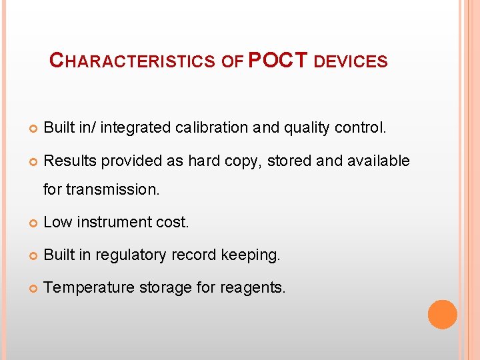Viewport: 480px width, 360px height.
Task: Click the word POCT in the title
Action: pos(277,60)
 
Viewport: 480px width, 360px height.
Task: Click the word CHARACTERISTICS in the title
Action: pos(133,61)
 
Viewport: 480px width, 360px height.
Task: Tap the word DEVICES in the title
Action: pos(350,61)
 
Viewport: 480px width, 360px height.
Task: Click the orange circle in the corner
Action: pos(443,314)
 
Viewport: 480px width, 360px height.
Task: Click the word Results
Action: pos(69,161)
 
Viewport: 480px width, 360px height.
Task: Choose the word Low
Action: pos(57,222)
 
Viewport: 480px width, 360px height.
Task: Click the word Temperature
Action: pos(89,288)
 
